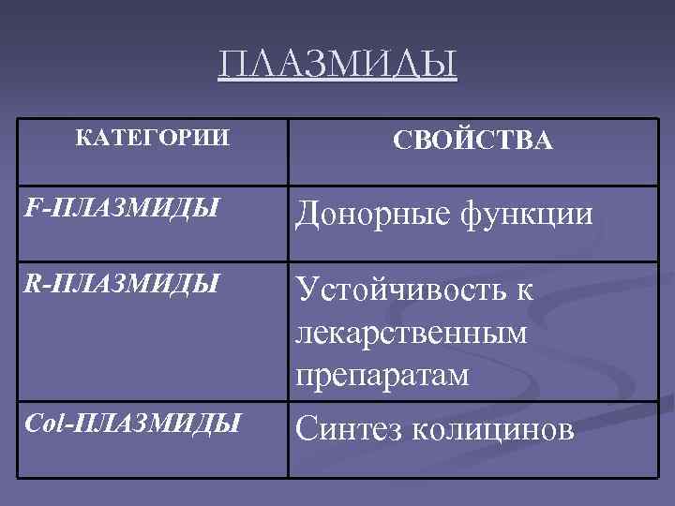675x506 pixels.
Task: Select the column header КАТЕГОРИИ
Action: coord(151,139)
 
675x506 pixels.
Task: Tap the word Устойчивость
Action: coord(400,290)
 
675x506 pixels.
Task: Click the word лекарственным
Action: coord(411,332)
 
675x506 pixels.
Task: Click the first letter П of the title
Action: coord(232,66)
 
